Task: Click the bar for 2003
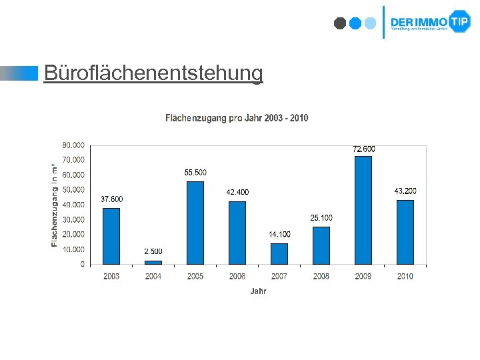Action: point(111,236)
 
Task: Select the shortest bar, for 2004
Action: point(153,262)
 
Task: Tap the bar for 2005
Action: point(195,223)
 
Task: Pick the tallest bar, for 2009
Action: point(363,210)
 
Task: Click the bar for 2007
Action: point(279,254)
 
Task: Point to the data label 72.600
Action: point(363,149)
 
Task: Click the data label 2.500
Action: point(153,251)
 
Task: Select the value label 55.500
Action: point(195,173)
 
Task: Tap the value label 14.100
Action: point(279,235)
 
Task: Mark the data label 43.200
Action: point(405,191)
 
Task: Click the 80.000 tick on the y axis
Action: point(73,145)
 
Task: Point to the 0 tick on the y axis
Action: point(82,265)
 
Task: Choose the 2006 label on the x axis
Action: point(237,276)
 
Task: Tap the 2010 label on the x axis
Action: point(405,276)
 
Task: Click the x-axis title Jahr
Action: point(258,291)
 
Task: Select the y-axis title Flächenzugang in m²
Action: point(54,204)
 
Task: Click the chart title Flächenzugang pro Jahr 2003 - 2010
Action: point(237,118)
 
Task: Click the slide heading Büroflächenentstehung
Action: point(153,73)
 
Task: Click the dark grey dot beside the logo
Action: point(339,23)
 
